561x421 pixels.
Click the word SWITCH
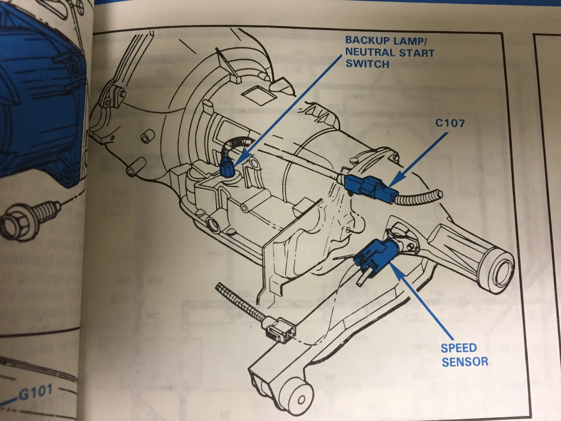367,64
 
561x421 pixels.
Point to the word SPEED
459,348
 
